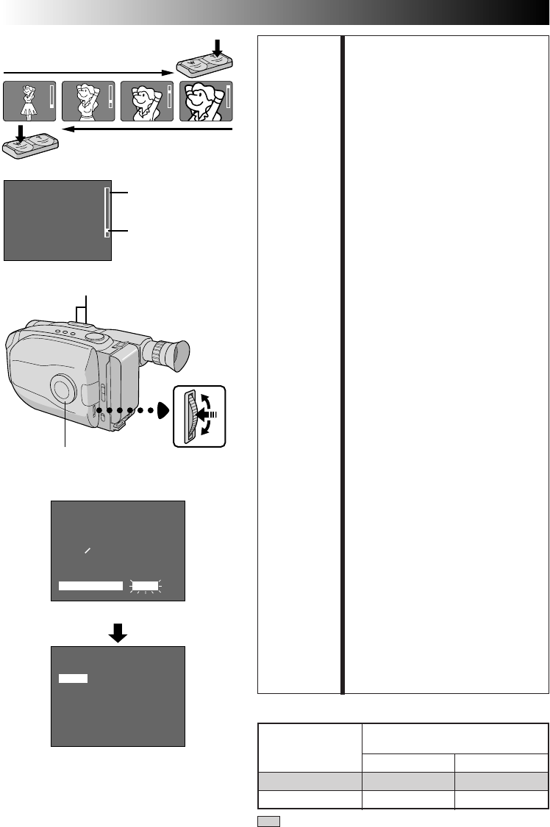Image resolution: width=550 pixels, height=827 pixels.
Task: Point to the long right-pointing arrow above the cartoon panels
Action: click(x=88, y=72)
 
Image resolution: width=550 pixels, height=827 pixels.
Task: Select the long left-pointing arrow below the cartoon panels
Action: click(x=147, y=129)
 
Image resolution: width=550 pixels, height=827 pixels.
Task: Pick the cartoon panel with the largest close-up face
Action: click(x=206, y=101)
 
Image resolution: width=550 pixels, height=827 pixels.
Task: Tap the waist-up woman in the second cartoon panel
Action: click(x=87, y=101)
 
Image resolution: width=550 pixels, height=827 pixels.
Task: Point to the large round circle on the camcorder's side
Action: click(x=63, y=387)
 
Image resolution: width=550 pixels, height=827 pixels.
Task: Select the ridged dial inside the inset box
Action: click(x=193, y=416)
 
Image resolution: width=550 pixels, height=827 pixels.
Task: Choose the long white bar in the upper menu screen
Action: click(x=90, y=585)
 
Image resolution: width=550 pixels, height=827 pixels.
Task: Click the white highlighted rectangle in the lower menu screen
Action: click(x=74, y=679)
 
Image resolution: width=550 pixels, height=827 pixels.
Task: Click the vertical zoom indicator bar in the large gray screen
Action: click(x=107, y=211)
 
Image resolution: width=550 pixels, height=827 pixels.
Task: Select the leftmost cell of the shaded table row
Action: click(x=309, y=781)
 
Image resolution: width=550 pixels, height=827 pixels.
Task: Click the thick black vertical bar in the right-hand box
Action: click(x=342, y=363)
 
